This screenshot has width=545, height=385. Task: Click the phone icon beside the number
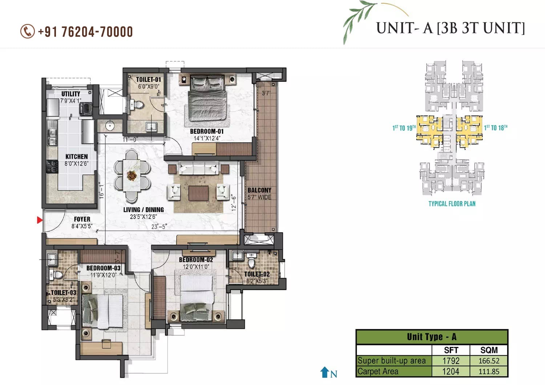coord(27,32)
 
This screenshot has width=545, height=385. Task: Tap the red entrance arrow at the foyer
coord(40,220)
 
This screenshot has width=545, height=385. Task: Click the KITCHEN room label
coord(76,157)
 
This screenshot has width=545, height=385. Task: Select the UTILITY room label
coord(71,94)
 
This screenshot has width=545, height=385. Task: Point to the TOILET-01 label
coord(148,80)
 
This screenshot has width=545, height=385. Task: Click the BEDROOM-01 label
coord(207,131)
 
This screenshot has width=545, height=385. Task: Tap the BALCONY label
coord(259,190)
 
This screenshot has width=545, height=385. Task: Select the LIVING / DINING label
coord(144,210)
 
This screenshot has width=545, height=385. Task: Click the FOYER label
coord(82,219)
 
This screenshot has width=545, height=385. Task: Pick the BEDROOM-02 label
coord(196,260)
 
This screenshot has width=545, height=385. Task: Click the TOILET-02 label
coord(257,274)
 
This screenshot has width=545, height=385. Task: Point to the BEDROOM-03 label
coord(103,268)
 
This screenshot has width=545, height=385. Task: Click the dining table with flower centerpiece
coord(132,176)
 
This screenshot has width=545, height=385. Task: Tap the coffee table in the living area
coord(198,193)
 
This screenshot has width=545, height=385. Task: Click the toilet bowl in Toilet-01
coord(138,105)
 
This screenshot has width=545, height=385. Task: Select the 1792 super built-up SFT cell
coord(451,361)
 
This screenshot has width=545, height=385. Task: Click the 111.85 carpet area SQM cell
coord(489,372)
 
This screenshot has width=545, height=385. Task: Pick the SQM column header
coord(489,350)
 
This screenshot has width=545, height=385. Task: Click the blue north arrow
coord(324,372)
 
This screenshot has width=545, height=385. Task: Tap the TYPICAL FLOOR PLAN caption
coord(452,204)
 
